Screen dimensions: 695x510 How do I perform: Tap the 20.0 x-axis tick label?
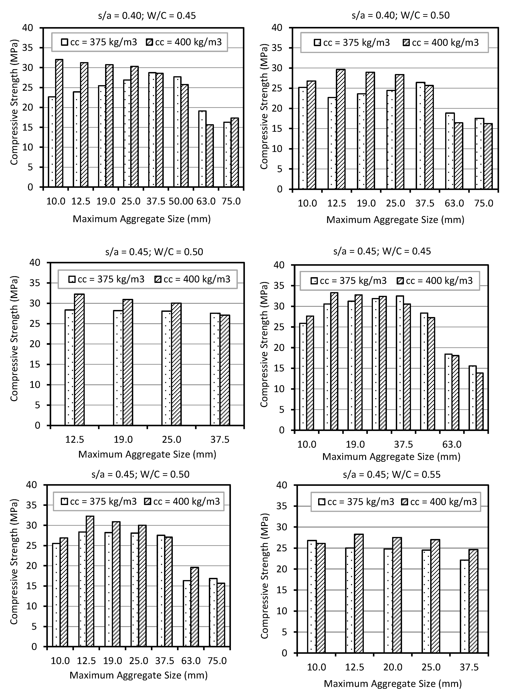click(x=393, y=667)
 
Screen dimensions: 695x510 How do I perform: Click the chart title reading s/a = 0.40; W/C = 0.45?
click(x=147, y=15)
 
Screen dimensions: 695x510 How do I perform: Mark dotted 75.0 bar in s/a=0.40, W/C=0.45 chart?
click(x=227, y=154)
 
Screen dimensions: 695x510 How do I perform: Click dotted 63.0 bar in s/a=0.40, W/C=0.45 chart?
click(x=202, y=149)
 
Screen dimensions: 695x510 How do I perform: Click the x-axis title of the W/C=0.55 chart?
click(x=393, y=684)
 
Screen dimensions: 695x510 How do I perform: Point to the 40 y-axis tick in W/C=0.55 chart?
click(x=282, y=485)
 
